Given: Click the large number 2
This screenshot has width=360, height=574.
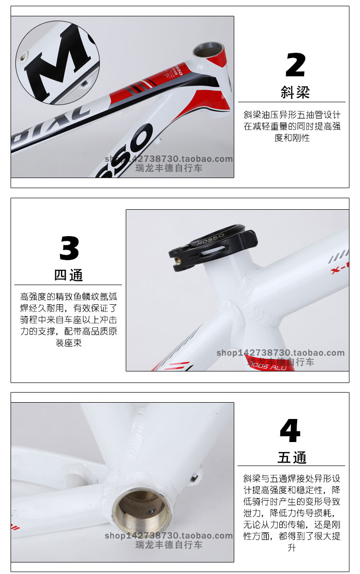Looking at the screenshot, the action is pos(295,65).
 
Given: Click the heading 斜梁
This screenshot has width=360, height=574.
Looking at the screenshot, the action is pos(295,92).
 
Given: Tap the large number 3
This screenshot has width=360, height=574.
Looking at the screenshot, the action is pos(69,248).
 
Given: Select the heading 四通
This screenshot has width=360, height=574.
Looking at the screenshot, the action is pos(69,275).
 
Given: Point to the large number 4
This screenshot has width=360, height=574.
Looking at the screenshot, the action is pos(290,431).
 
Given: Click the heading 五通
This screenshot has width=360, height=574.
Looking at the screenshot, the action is pos(292,457).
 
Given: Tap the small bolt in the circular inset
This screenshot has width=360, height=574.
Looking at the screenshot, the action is pos(23,56).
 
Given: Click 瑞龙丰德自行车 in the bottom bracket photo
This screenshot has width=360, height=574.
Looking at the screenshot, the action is pos(169,545).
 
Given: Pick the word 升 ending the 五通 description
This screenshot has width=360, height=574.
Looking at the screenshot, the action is pos(291,548).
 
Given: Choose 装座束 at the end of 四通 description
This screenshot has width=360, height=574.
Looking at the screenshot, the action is pos(69,343).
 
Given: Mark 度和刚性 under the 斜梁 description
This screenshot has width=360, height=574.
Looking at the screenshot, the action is pos(292,138).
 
